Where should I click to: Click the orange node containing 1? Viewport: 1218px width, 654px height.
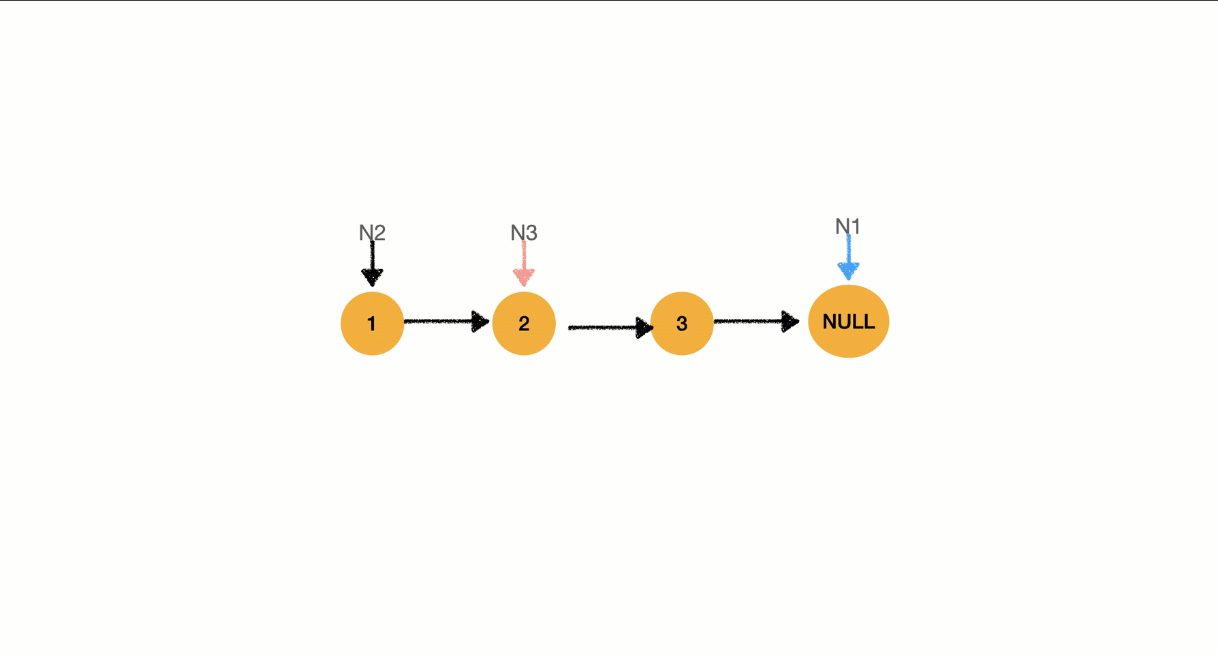pos(372,324)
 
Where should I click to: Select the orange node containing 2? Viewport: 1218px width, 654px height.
pos(524,324)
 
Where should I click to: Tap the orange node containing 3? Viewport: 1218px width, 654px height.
pos(682,324)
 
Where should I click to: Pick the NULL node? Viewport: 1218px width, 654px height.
pos(849,322)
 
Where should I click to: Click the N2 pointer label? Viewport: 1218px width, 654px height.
pos(372,233)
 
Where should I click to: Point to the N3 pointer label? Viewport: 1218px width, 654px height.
pos(524,233)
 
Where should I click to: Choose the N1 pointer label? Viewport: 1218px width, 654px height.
pos(848,226)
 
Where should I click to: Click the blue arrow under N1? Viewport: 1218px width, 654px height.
pos(848,258)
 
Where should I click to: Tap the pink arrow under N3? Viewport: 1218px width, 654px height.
pos(524,264)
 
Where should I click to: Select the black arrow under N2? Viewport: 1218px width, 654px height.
pos(372,264)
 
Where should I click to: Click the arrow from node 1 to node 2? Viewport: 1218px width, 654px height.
pos(447,321)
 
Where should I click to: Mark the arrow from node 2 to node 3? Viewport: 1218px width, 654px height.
pos(611,328)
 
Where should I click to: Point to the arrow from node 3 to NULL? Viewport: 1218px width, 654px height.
pos(757,321)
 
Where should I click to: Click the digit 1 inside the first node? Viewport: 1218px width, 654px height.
pos(371,324)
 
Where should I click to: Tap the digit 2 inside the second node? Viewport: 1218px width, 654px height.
pos(524,324)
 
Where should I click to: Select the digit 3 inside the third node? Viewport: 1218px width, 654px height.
pos(682,324)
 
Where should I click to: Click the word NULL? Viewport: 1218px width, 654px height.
pos(849,322)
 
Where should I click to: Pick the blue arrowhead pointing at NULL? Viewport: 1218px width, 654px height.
pos(848,271)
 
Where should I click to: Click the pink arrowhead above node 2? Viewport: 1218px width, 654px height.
pos(524,277)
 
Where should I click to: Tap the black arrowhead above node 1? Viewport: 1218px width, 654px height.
pos(372,277)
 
